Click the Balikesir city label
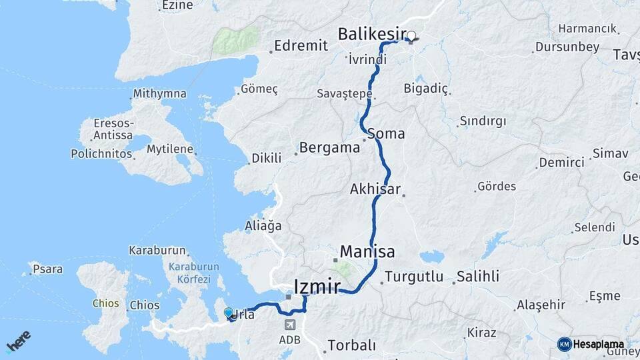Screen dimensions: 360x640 (371, 33)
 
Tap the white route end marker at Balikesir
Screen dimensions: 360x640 (411, 37)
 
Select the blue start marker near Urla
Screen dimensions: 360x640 (229, 313)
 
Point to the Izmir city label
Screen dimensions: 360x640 (317, 287)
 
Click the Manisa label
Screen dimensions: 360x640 (367, 252)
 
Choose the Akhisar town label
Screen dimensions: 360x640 (375, 189)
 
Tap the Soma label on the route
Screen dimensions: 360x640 (386, 133)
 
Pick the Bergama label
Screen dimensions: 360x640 (329, 148)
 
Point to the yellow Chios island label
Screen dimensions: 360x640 (106, 303)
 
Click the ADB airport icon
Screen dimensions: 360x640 (290, 325)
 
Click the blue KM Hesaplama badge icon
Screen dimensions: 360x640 (565, 344)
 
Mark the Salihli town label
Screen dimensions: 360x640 (477, 276)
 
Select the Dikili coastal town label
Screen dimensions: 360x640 (267, 159)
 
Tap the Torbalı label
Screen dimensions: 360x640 (351, 345)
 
